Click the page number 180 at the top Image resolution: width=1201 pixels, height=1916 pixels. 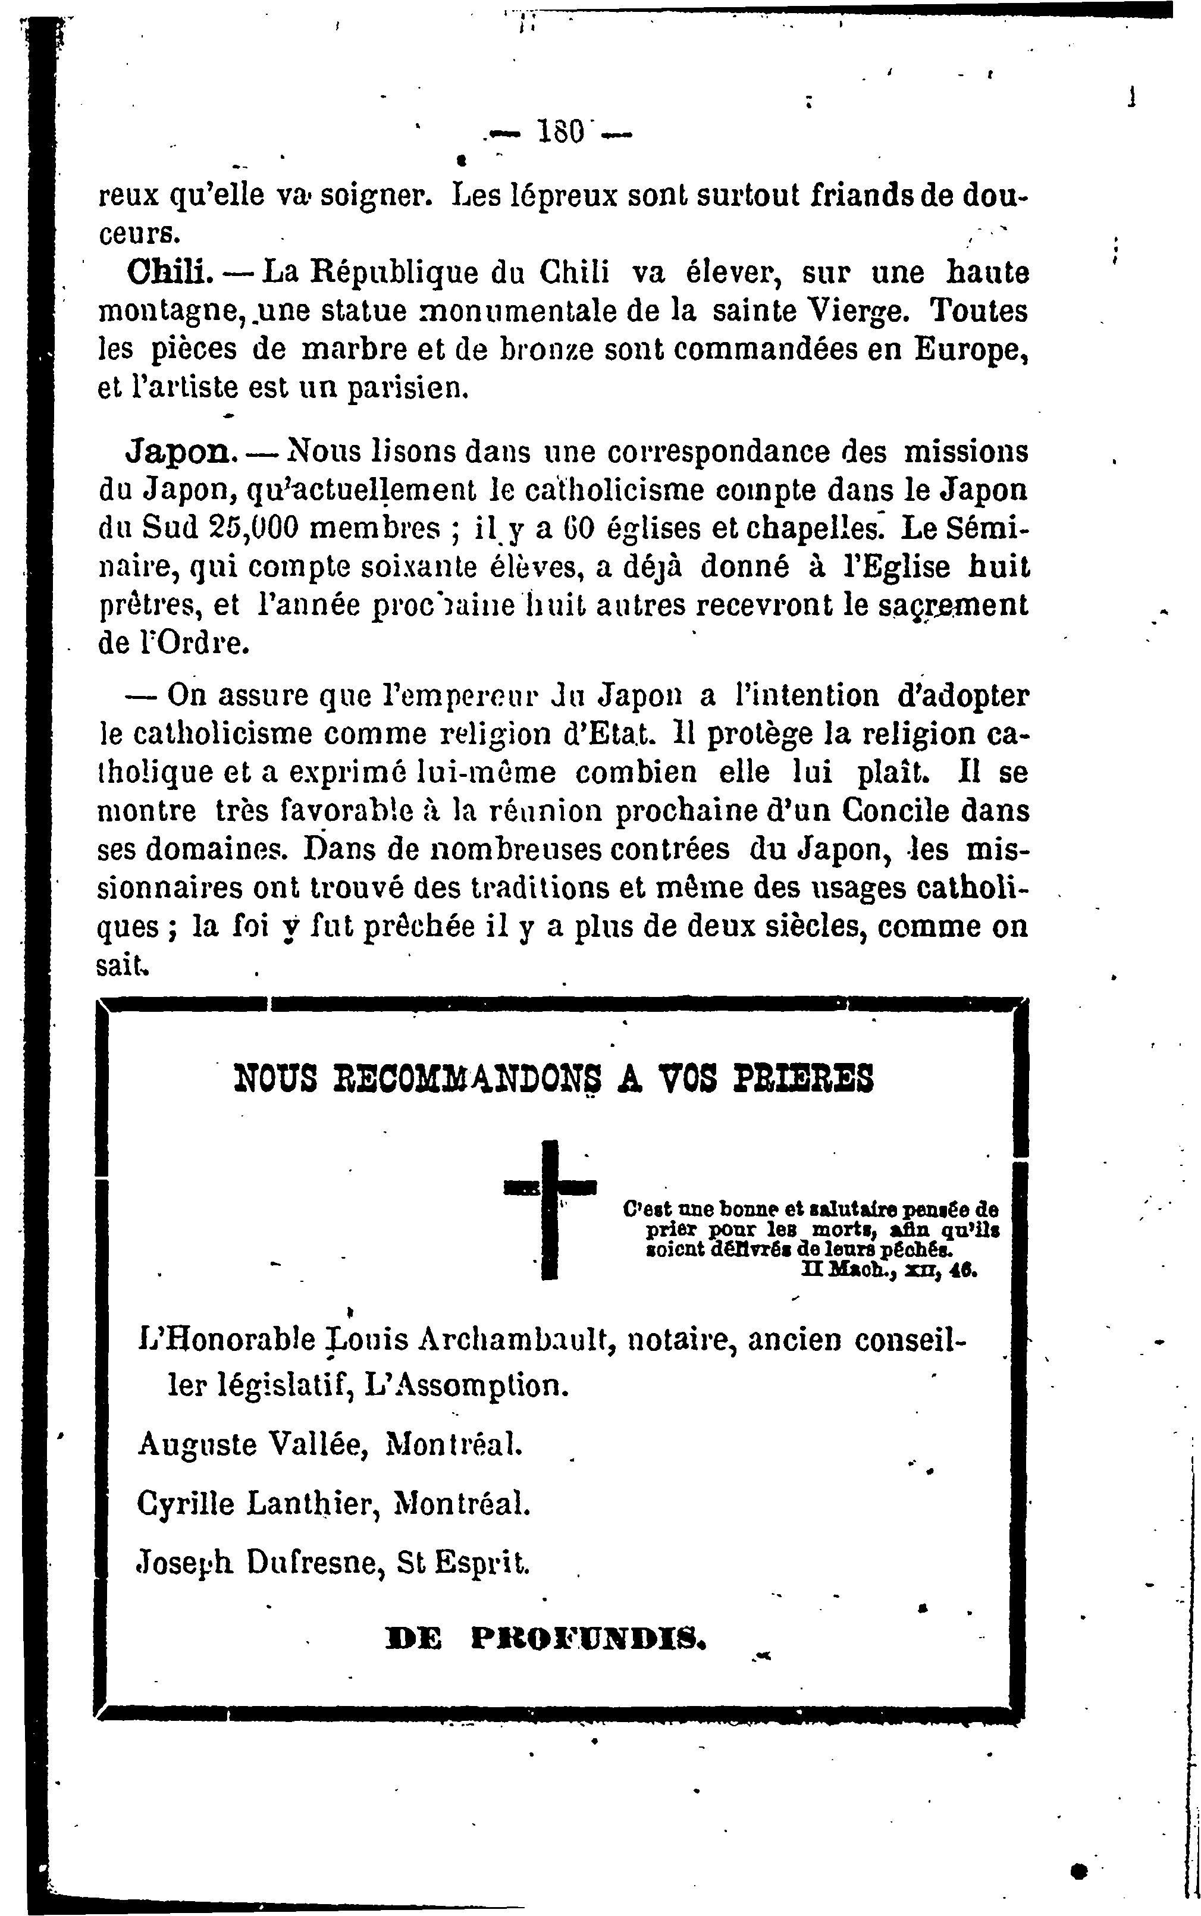[x=562, y=130]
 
